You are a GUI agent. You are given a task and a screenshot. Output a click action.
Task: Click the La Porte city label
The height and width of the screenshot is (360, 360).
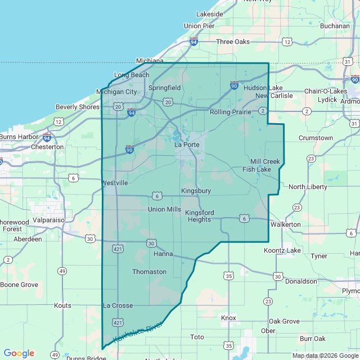(187, 145)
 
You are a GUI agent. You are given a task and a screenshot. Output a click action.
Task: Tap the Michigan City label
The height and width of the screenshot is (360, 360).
(116, 92)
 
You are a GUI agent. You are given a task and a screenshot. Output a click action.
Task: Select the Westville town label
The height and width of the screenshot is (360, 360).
(115, 183)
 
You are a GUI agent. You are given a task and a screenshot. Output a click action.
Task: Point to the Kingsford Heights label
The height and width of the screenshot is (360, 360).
(199, 216)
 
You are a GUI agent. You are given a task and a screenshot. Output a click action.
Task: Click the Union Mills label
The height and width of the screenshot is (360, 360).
(164, 209)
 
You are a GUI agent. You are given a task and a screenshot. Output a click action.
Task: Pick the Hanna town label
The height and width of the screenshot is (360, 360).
(163, 254)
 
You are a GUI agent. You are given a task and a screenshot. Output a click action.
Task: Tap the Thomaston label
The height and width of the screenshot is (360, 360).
(149, 272)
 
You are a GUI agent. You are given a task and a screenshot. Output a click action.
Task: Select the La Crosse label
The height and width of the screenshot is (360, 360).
(118, 305)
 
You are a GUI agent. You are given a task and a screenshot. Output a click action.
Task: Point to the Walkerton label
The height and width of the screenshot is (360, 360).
(285, 224)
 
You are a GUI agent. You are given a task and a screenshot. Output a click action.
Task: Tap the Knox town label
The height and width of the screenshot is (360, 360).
(228, 318)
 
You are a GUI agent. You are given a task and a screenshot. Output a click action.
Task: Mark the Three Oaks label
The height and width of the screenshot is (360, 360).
(232, 42)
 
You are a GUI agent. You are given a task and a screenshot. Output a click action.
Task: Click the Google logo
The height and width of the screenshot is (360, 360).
(19, 353)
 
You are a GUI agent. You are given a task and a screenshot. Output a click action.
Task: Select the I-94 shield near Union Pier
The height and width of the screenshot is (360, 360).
(193, 42)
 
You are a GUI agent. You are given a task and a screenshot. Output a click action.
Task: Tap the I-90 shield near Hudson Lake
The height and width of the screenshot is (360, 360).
(234, 85)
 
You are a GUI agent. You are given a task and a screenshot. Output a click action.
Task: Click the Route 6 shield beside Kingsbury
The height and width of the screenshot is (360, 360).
(157, 196)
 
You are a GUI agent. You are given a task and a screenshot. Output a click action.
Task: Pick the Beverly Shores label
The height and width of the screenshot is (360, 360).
(77, 107)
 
